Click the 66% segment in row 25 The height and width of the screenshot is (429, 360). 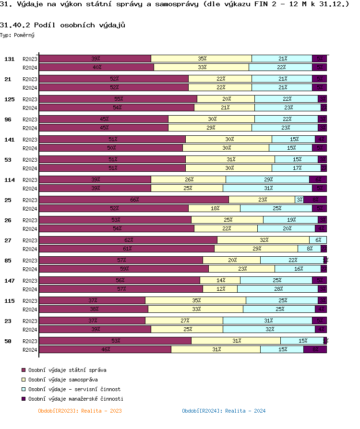(134, 200)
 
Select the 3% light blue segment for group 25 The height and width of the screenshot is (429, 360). (299, 200)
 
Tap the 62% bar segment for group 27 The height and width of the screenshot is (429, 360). (128, 240)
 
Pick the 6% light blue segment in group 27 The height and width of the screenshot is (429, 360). (318, 240)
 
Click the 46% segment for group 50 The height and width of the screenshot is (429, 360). (105, 349)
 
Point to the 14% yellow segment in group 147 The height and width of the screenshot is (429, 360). (220, 280)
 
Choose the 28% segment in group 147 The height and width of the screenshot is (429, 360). (277, 289)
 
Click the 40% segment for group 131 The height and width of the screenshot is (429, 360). (96, 67)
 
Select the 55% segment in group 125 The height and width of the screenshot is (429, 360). (118, 99)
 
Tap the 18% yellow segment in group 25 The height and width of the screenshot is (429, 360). (214, 208)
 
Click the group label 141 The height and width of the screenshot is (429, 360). (9, 140)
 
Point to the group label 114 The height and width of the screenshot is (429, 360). (9, 180)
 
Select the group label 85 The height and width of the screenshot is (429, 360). (8, 261)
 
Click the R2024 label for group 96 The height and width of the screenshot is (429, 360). (30, 128)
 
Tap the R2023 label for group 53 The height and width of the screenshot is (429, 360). (30, 160)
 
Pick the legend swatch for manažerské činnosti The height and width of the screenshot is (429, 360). (23, 399)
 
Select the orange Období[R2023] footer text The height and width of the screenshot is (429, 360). (80, 411)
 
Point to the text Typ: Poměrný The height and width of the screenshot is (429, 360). (17, 35)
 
